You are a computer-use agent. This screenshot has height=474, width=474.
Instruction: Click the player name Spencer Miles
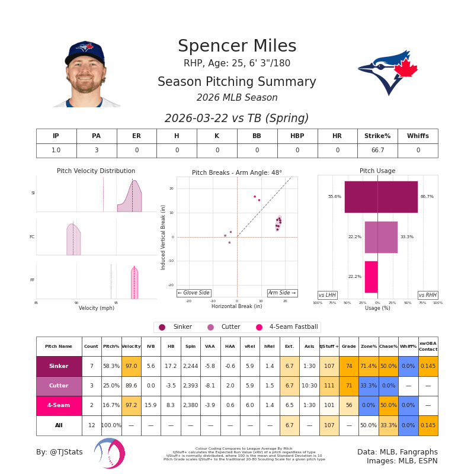[x=237, y=47]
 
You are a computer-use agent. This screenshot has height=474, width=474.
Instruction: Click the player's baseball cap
[x=85, y=52]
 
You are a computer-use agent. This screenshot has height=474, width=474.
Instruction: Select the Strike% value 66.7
[x=377, y=150]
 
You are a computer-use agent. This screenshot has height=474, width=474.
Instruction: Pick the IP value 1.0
[x=56, y=150]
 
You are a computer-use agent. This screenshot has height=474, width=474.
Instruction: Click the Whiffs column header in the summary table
[x=418, y=136]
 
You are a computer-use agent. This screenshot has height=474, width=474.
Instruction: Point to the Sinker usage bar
[x=381, y=197]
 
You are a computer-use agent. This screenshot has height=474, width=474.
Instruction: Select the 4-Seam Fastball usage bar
[x=371, y=277]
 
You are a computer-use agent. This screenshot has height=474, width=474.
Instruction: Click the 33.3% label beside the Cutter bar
[x=406, y=237]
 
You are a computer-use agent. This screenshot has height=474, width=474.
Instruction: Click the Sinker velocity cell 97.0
[x=131, y=366]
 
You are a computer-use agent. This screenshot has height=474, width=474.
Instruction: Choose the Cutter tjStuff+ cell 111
[x=329, y=386]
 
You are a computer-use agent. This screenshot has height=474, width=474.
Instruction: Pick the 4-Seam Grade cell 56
[x=349, y=406]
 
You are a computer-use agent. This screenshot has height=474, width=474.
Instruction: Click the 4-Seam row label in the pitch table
[x=59, y=406]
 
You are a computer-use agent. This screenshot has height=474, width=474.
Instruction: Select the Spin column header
[x=190, y=346]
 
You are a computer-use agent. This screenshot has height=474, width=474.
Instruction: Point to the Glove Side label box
[x=194, y=293]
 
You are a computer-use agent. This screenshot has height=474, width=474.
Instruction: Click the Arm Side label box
[x=282, y=293]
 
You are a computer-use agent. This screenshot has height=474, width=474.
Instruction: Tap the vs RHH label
[x=428, y=295]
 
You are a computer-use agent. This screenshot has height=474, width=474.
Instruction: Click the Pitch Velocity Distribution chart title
[x=96, y=171]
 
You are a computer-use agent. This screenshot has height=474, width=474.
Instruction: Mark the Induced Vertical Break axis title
[x=164, y=237]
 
